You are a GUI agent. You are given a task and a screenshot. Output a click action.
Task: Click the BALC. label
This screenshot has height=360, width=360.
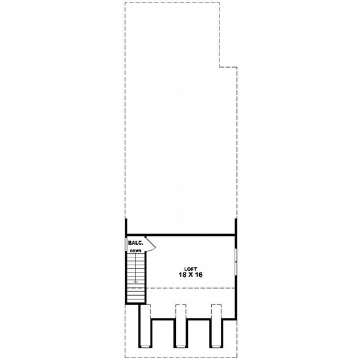click(x=135, y=243)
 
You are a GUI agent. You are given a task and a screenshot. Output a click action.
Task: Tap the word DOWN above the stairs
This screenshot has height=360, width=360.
click(x=136, y=250)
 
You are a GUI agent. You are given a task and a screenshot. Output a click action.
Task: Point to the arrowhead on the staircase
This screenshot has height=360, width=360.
click(x=136, y=280)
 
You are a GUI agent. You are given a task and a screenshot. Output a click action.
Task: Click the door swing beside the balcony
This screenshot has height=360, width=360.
click(x=151, y=243)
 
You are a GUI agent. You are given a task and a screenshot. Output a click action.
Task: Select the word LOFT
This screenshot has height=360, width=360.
click(x=191, y=268)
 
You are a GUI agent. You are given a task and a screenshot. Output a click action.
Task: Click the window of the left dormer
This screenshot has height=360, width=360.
click(x=145, y=346)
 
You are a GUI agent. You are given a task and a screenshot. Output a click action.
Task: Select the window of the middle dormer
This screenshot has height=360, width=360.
click(x=181, y=346)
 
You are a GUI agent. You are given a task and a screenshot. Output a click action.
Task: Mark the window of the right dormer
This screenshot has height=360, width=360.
click(x=216, y=346)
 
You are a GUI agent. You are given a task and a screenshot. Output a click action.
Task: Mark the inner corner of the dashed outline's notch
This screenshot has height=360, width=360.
click(x=220, y=67)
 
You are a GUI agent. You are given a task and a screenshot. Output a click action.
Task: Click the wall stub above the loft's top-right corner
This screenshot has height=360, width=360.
click(x=235, y=226)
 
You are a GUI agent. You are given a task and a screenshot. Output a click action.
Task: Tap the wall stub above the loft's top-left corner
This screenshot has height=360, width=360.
click(x=126, y=226)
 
